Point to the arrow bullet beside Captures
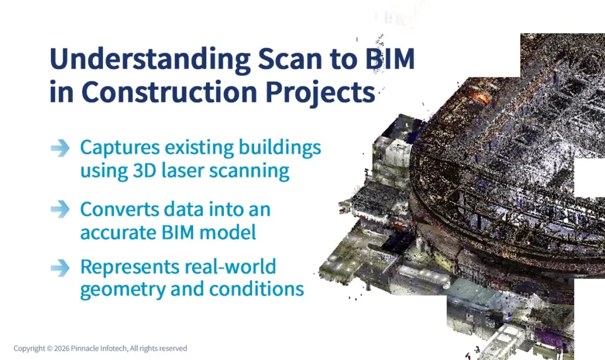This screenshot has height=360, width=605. coord(60,148)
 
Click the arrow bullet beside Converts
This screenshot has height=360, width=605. coord(60,209)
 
